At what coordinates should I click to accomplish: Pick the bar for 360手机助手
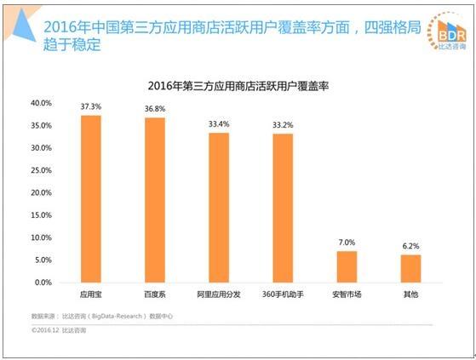pyautogui.click(x=283, y=208)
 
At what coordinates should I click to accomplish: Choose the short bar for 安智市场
pyautogui.click(x=347, y=266)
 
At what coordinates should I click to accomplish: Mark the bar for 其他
pyautogui.click(x=410, y=268)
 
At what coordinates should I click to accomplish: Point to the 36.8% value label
pyautogui.click(x=155, y=110)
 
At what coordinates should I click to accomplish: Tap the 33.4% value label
pyautogui.click(x=219, y=125)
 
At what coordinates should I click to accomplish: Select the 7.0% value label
pyautogui.click(x=347, y=243)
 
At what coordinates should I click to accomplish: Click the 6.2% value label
pyautogui.click(x=410, y=247)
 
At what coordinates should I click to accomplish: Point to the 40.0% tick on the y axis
pyautogui.click(x=41, y=103)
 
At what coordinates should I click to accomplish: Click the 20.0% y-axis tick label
pyautogui.click(x=41, y=192)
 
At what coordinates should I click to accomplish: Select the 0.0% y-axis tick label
pyautogui.click(x=43, y=282)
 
